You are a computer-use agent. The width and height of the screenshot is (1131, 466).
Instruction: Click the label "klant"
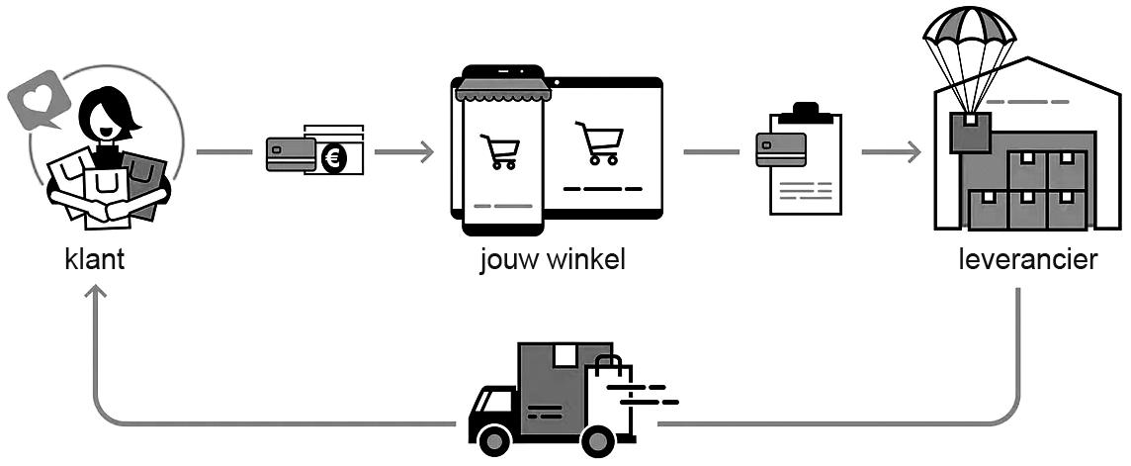pyautogui.click(x=94, y=261)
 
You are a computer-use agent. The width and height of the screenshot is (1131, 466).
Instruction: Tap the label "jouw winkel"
pyautogui.click(x=553, y=261)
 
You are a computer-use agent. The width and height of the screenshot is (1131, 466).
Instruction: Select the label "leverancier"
pyautogui.click(x=1028, y=261)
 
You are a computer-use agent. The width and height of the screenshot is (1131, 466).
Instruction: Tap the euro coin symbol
pyautogui.click(x=333, y=157)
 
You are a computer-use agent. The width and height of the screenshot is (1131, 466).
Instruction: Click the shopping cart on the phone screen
pyautogui.click(x=499, y=150)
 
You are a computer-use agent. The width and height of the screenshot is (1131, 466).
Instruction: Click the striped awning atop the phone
pyautogui.click(x=501, y=91)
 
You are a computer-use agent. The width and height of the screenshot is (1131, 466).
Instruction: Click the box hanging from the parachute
pyautogui.click(x=970, y=132)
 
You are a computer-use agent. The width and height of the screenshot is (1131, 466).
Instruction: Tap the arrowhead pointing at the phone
pyautogui.click(x=426, y=152)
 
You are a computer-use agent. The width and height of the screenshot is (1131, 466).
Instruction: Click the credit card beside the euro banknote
pyautogui.click(x=290, y=154)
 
